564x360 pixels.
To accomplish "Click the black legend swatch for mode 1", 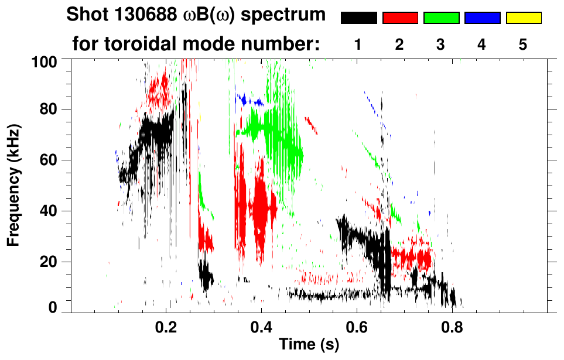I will point(358,18).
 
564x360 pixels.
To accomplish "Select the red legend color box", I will point(400,18).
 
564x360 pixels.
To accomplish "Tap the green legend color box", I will point(441,18).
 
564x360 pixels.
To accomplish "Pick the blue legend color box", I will point(482,18).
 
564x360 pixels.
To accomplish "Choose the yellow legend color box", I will point(523,18).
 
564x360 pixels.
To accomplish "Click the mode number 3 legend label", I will point(441,44).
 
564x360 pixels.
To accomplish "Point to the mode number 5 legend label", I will point(523,44).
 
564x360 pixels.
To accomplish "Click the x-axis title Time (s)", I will point(308,345).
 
